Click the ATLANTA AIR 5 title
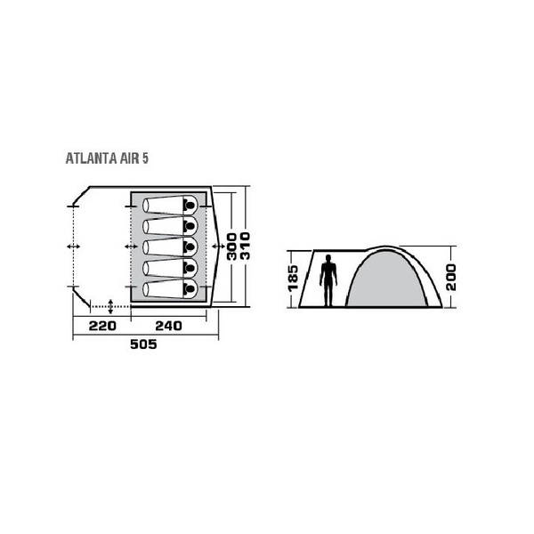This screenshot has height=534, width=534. point(107,158)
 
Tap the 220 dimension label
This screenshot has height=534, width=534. point(102,326)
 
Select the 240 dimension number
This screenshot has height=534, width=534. point(168,326)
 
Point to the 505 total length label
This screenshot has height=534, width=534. point(143,344)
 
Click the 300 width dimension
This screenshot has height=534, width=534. point(232,247)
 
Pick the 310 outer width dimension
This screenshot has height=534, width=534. point(246,247)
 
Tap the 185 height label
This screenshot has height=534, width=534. point(293,279)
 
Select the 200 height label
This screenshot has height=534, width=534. point(450,277)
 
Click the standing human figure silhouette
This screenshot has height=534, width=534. point(328,280)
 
